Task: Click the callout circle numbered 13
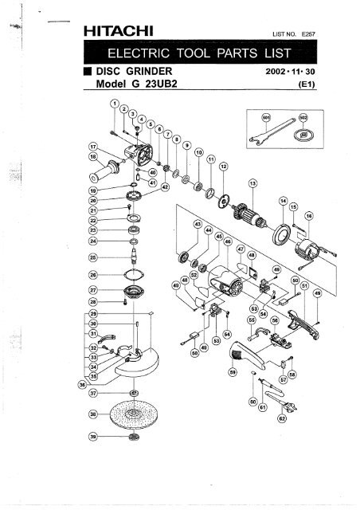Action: coord(252,183)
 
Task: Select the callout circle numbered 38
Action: coord(94,414)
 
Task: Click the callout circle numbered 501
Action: coord(267,116)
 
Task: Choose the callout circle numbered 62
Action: coord(281,418)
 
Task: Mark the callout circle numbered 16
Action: coord(308,215)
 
